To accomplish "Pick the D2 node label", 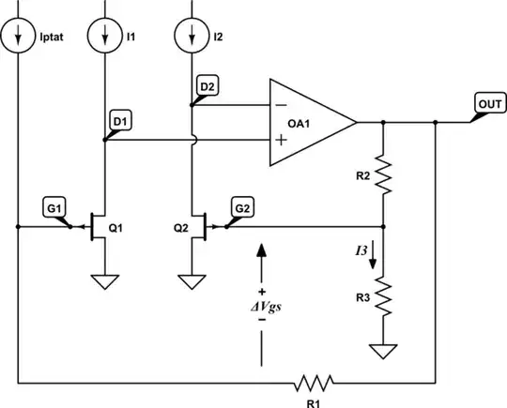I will click(x=207, y=87).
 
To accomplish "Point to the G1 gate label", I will click(x=54, y=207).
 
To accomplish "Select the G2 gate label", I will click(x=240, y=207).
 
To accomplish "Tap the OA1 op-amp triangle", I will click(x=310, y=123).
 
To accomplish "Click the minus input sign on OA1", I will click(x=281, y=106).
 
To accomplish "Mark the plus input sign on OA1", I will click(x=281, y=140).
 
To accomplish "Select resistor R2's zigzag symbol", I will click(x=384, y=174).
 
